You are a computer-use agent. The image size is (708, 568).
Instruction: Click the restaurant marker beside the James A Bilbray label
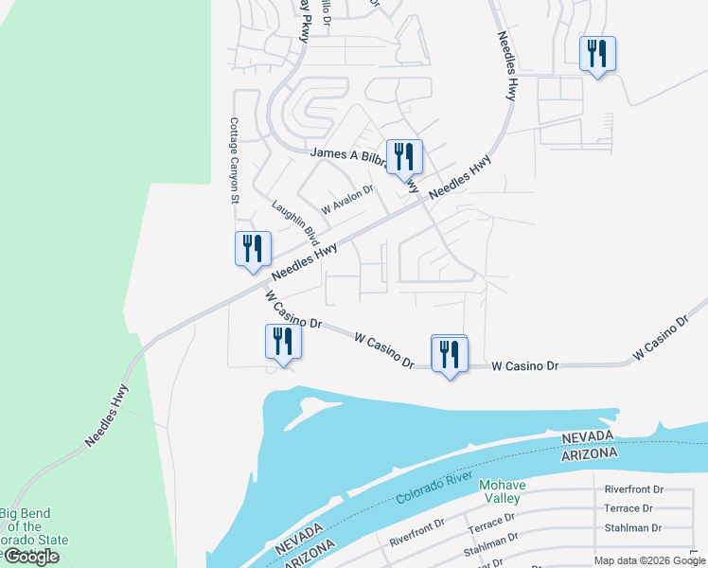[x=404, y=157]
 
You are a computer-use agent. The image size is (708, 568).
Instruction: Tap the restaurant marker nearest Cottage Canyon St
[x=253, y=250]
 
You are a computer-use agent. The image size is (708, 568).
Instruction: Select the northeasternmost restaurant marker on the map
[x=596, y=54]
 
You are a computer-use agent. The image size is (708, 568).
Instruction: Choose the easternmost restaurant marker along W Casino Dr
[x=449, y=354]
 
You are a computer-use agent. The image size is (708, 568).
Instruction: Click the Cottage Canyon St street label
[x=234, y=160]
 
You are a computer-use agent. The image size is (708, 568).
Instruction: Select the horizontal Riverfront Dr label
[x=634, y=490]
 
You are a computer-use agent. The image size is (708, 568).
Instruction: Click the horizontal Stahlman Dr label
[x=634, y=527]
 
